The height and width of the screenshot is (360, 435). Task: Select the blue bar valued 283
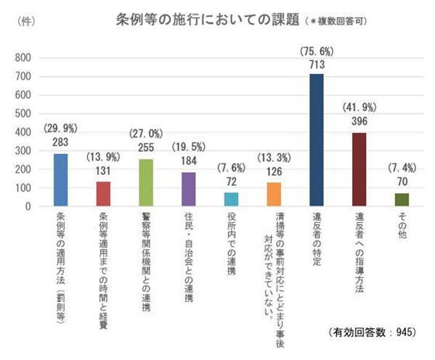tap(60, 180)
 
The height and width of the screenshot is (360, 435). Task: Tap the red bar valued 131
tap(103, 194)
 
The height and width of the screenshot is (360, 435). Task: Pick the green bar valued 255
tap(146, 182)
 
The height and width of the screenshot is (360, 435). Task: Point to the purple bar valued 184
tap(188, 189)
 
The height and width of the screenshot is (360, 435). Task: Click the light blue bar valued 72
tap(231, 200)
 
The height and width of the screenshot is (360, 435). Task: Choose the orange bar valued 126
tap(274, 195)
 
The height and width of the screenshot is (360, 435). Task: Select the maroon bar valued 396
tap(359, 169)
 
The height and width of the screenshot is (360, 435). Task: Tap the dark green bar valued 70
tap(402, 200)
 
